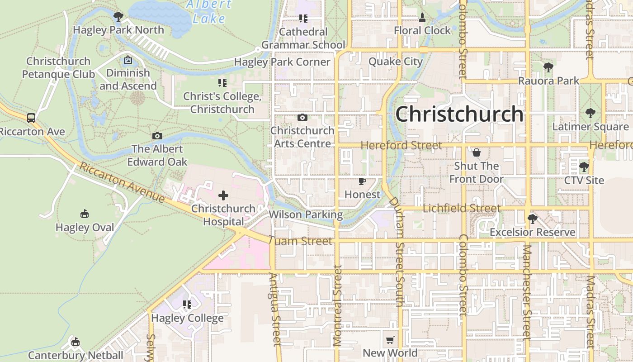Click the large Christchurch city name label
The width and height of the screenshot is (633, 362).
click(x=459, y=114)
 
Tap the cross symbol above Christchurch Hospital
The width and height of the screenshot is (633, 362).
click(x=223, y=195)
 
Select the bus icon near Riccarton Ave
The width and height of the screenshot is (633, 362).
click(x=31, y=118)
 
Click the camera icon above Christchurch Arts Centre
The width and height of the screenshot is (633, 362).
click(x=302, y=118)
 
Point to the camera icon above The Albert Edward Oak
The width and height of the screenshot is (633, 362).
click(x=157, y=136)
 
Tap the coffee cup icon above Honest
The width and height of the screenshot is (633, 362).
click(x=362, y=181)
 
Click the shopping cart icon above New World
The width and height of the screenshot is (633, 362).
click(x=390, y=340)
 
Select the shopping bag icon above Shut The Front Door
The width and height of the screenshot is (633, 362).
click(x=476, y=152)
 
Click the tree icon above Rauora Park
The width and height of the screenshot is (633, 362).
click(x=548, y=68)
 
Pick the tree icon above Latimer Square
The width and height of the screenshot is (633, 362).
click(x=590, y=113)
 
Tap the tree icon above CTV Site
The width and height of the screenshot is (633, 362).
click(x=584, y=167)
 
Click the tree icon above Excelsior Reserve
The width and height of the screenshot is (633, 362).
click(x=533, y=219)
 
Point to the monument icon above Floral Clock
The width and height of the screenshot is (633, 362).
click(x=422, y=18)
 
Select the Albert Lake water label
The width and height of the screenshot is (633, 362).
click(x=209, y=12)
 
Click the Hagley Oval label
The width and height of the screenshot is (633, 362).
click(x=85, y=227)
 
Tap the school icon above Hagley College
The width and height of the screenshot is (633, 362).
click(x=187, y=305)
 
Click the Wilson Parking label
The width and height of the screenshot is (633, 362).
click(x=306, y=214)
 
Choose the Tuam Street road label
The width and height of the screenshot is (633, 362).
click(x=301, y=241)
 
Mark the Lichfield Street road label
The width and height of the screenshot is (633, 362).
click(x=462, y=209)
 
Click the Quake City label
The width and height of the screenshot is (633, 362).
click(x=396, y=62)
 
